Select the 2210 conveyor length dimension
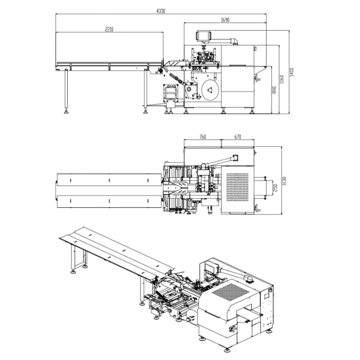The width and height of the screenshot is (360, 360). click(109, 30)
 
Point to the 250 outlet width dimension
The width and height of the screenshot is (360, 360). click(275, 188)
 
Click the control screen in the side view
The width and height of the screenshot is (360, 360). click(203, 36)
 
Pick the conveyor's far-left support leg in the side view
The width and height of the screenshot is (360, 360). click(67, 92)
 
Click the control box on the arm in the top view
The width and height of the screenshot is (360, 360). click(236, 158)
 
